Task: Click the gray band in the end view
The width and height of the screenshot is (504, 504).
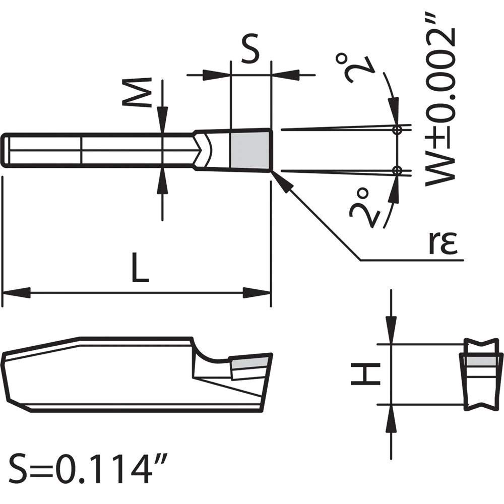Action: pos(483,361)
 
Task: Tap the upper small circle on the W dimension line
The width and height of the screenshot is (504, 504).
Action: pos(398,130)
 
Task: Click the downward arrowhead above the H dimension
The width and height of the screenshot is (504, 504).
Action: pos(391,330)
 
